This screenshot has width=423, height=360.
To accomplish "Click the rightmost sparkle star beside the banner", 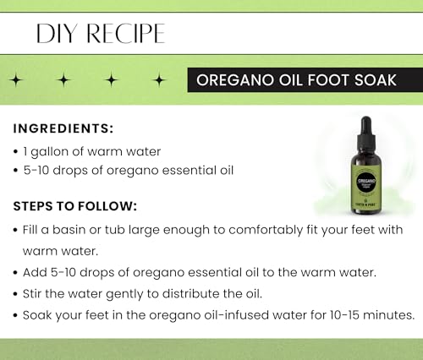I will click(159, 80).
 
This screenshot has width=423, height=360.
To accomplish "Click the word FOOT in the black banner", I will click(323, 80).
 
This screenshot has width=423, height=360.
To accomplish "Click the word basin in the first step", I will click(79, 229).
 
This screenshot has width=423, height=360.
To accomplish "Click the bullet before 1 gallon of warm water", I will click(18, 151).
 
